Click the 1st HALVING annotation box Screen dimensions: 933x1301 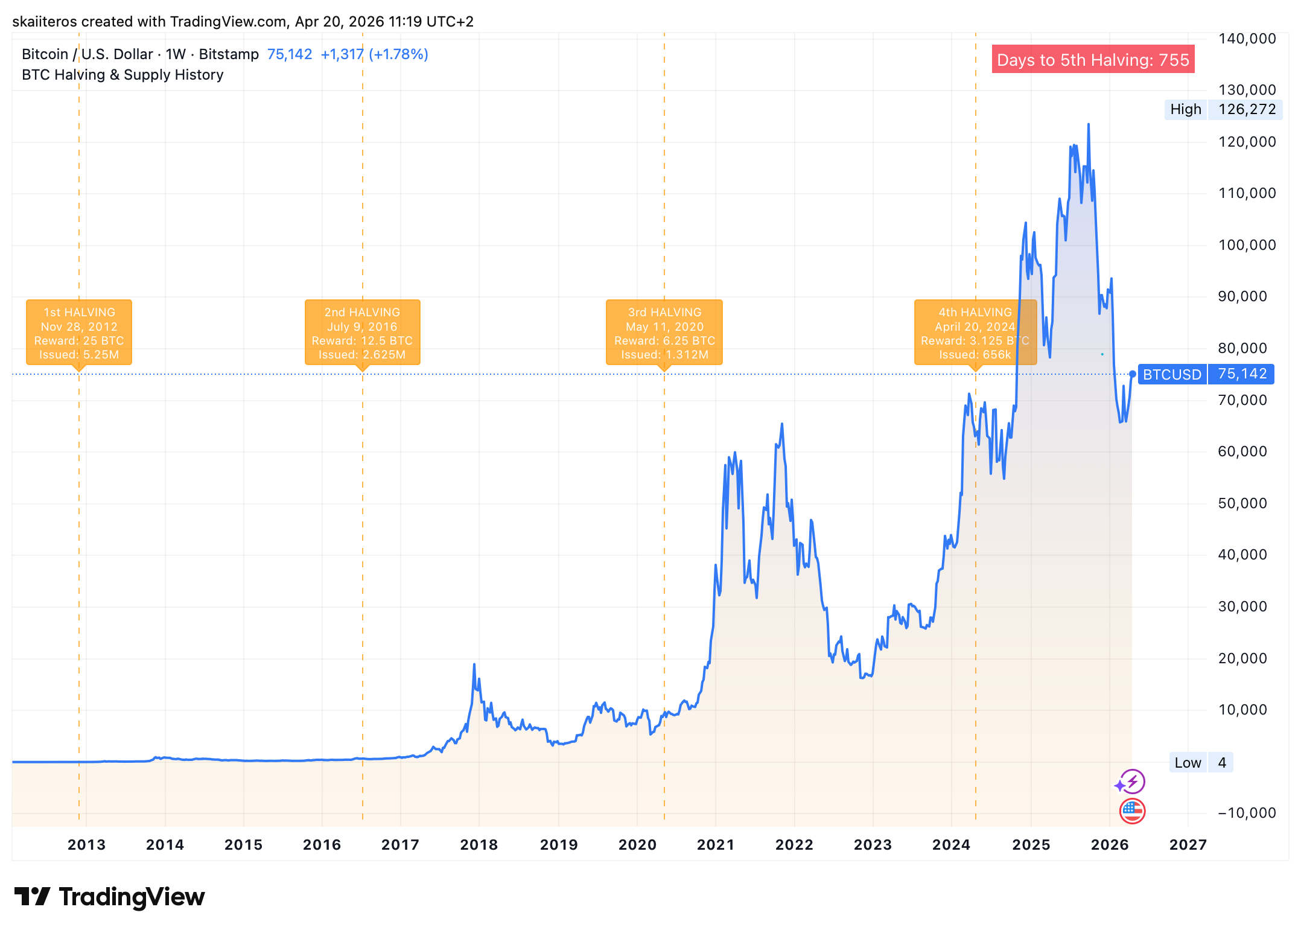[79, 332]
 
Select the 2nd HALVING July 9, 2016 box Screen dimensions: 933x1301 [362, 332]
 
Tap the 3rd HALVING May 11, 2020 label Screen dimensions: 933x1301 [664, 332]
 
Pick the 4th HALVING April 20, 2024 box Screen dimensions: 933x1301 [975, 332]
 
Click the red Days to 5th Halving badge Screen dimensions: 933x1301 [1093, 60]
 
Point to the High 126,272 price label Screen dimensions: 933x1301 [1223, 109]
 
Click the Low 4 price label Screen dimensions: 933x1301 [1200, 762]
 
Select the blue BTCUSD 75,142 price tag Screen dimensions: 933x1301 [1206, 374]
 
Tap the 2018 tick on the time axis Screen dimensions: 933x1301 [479, 844]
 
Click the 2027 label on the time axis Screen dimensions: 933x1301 [1188, 844]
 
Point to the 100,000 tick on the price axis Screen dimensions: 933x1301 [1247, 245]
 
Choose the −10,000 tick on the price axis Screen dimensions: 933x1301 [1247, 813]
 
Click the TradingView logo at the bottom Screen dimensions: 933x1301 [110, 897]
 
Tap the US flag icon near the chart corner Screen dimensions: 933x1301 [1132, 811]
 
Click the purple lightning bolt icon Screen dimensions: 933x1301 [1130, 782]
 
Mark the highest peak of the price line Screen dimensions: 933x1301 [1089, 125]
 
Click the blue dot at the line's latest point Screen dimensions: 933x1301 [1133, 374]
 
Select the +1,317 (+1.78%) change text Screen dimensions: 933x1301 [374, 54]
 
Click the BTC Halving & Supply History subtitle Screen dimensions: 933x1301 [122, 75]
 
